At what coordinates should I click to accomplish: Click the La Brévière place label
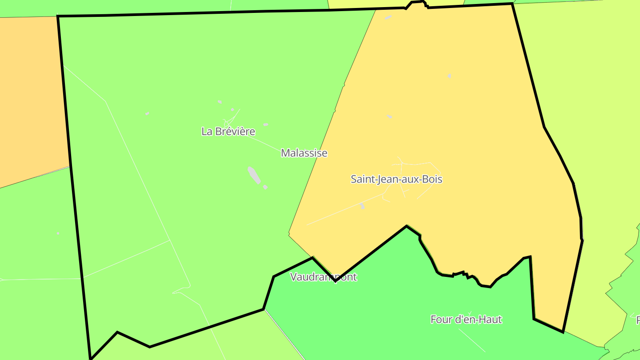point(228,132)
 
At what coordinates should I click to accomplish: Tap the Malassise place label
point(304,153)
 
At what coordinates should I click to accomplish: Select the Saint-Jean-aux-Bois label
point(396,179)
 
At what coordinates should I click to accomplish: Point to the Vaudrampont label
point(323,277)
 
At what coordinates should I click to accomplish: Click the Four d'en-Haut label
point(466,319)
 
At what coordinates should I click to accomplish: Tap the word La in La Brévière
point(206,132)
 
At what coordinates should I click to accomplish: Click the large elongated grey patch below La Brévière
point(254,175)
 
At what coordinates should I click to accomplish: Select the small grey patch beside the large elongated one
point(265,187)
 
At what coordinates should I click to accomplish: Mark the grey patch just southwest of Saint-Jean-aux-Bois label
point(362,206)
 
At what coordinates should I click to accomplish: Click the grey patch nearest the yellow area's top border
point(388,17)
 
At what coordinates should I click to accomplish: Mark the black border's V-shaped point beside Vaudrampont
point(335,281)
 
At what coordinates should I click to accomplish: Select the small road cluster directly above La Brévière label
point(230,118)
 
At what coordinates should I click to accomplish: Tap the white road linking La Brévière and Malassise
point(264,142)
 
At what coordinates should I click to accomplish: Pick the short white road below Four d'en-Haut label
point(472,340)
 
